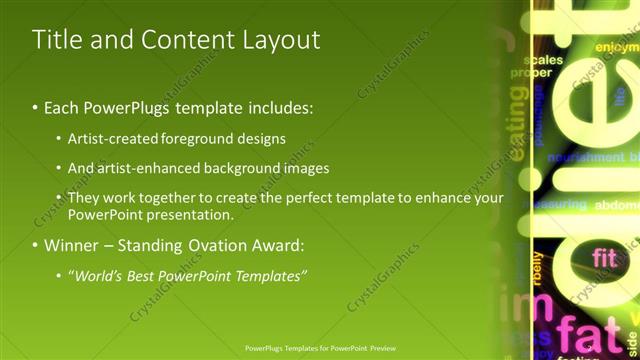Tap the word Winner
(x=71, y=245)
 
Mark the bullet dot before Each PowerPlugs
(x=36, y=106)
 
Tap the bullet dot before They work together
(x=59, y=199)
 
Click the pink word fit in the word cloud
(x=604, y=258)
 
